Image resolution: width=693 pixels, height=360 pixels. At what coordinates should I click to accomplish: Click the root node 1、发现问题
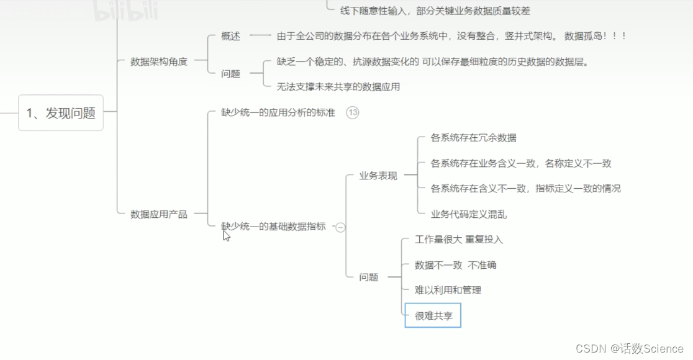point(61,113)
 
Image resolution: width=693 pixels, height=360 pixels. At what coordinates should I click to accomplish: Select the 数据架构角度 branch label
point(158,61)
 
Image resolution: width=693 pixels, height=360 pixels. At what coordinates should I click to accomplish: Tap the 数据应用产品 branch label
point(158,214)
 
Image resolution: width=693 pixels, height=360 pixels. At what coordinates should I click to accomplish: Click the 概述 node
point(230,36)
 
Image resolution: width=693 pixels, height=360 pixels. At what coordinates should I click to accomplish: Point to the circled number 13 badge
point(353,113)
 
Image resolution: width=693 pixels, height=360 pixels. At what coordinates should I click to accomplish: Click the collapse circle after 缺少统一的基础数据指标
point(340,227)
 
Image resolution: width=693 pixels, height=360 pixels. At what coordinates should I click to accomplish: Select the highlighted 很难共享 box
point(433,316)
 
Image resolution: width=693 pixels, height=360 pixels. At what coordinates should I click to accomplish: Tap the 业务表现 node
point(378,176)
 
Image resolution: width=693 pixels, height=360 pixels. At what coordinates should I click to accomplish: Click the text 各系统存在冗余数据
point(473,138)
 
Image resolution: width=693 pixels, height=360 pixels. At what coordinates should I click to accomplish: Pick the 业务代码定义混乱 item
point(468,214)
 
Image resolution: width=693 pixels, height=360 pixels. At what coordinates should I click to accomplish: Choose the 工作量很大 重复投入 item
point(459,240)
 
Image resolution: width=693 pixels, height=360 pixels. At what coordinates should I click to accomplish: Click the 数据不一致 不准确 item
point(455,265)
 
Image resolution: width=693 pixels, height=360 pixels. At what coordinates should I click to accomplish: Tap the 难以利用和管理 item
point(448,290)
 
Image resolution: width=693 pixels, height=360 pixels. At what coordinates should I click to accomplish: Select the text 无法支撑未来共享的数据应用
point(338,87)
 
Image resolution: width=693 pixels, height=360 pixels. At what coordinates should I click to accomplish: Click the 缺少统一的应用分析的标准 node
point(278,113)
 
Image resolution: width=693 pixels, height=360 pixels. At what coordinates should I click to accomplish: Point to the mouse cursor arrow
point(226,235)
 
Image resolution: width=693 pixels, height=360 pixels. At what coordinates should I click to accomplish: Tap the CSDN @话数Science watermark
point(630,349)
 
